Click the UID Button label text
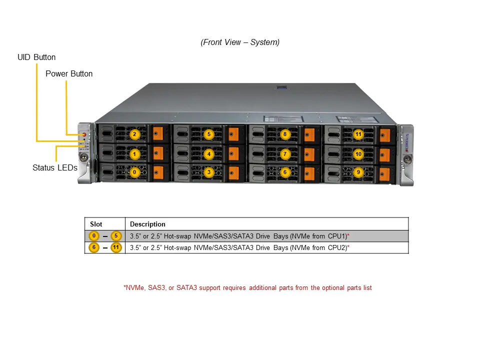(36, 57)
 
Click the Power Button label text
(69, 74)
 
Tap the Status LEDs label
(55, 168)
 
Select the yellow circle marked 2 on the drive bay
(134, 134)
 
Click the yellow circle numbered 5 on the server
(209, 134)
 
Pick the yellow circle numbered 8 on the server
(284, 134)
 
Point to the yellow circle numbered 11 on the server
(358, 134)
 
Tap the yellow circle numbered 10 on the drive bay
(358, 154)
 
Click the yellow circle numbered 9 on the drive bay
(358, 172)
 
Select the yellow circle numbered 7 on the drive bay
(284, 154)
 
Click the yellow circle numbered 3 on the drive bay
(209, 172)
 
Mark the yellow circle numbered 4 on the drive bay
(209, 154)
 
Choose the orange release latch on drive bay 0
(158, 172)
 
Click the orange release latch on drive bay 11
(384, 135)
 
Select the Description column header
(147, 224)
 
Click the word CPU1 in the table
(336, 236)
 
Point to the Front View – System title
(240, 42)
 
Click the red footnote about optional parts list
(247, 288)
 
